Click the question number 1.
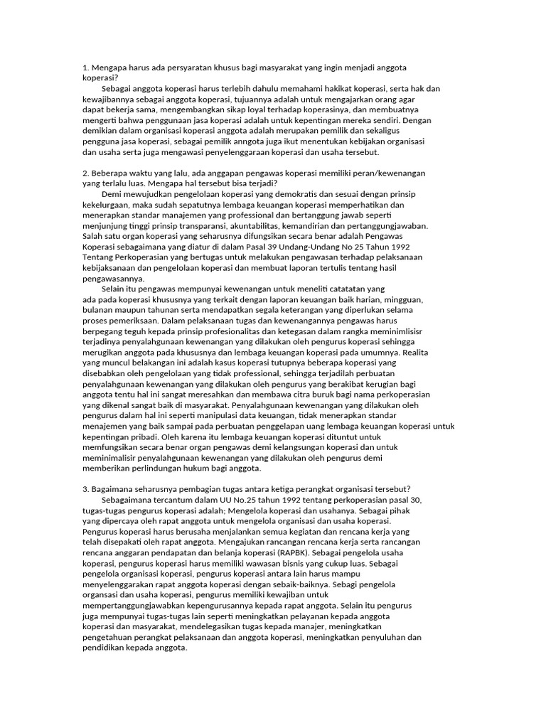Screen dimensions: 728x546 [x=85, y=68]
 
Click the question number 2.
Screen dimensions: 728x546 [x=85, y=173]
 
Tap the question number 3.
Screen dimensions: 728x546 [x=85, y=491]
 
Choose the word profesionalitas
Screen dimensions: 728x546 [x=226, y=332]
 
